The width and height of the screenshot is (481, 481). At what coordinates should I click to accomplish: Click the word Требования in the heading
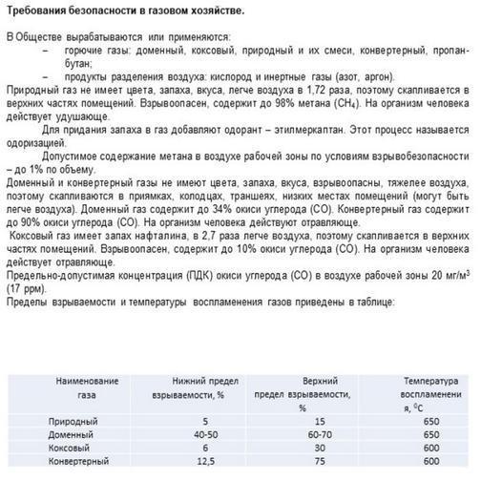[x=39, y=10]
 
